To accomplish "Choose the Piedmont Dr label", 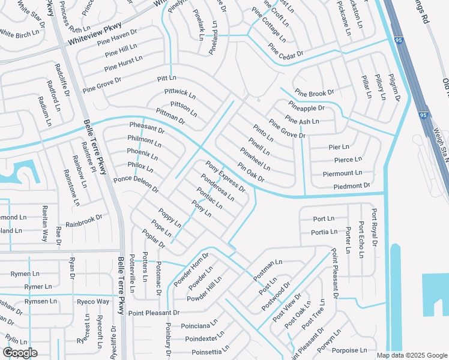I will coord(351,186).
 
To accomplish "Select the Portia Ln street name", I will coord(324,232).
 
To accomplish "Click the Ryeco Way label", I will coord(93,301).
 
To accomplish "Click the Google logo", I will coord(20,353).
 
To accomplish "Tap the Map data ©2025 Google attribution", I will coord(411,355).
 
